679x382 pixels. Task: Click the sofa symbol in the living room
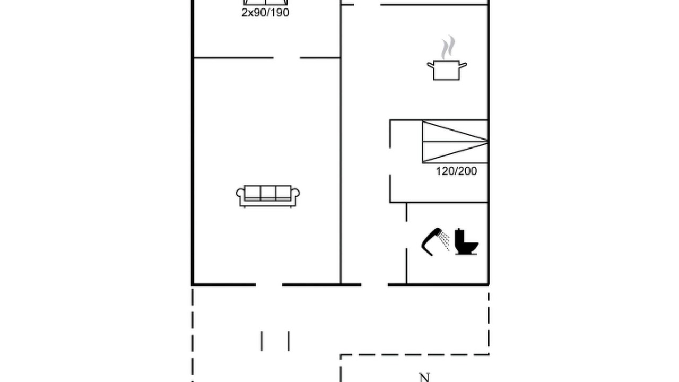[x=268, y=196]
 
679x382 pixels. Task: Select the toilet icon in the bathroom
[x=466, y=241]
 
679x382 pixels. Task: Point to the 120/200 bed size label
[x=456, y=171]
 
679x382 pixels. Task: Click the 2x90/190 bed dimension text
[x=265, y=13]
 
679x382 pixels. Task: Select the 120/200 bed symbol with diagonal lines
[x=455, y=142]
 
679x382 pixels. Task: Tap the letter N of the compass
[x=424, y=377]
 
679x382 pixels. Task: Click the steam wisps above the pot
[x=448, y=47]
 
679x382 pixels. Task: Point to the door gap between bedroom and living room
[x=287, y=58]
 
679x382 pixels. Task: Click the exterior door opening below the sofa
[x=269, y=285]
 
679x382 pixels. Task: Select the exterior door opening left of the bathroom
[x=375, y=285]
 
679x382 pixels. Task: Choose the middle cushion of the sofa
[x=268, y=192]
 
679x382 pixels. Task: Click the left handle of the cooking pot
[x=430, y=65]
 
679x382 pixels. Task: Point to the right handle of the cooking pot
[x=463, y=65]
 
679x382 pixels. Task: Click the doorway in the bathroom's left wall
[x=406, y=235]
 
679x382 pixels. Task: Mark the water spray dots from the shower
[x=445, y=241]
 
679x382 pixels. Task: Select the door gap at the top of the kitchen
[x=367, y=5]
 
